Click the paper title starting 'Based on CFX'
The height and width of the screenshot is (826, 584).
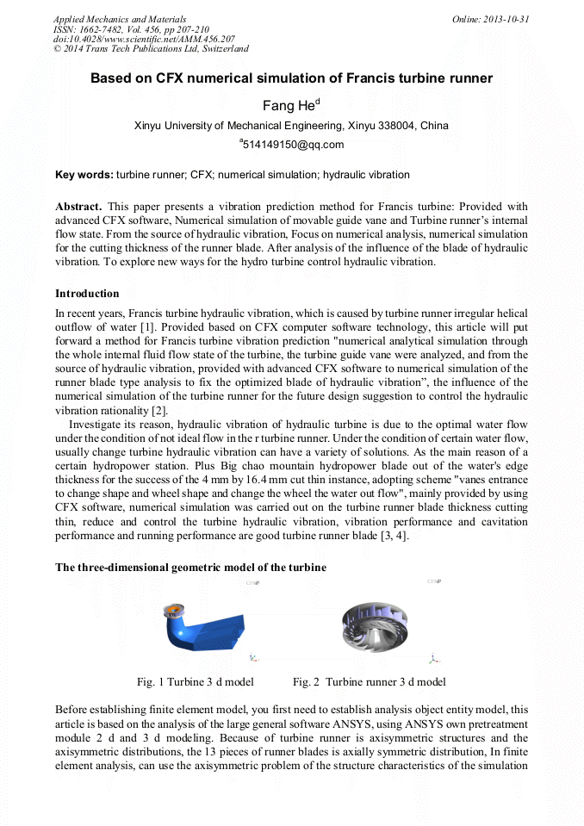pos(291,78)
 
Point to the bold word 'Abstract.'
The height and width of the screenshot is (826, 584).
pos(78,207)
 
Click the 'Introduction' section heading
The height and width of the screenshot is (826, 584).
pos(87,294)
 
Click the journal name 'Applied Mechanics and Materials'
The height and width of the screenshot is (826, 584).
pos(119,19)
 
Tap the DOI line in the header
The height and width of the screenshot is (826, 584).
pos(143,40)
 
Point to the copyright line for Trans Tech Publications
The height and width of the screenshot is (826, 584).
pos(151,50)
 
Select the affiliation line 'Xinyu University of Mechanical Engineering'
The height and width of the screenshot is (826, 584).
pos(291,126)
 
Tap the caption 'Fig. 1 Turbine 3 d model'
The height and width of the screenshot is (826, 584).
pos(195,682)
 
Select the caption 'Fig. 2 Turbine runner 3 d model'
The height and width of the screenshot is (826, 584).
pos(369,682)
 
